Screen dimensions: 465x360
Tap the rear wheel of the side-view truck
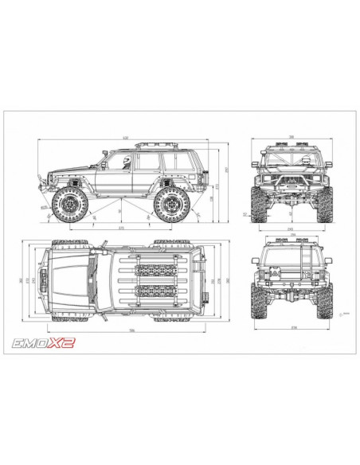pyautogui.click(x=170, y=205)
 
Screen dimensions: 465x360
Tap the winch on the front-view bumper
pyautogui.click(x=288, y=191)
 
